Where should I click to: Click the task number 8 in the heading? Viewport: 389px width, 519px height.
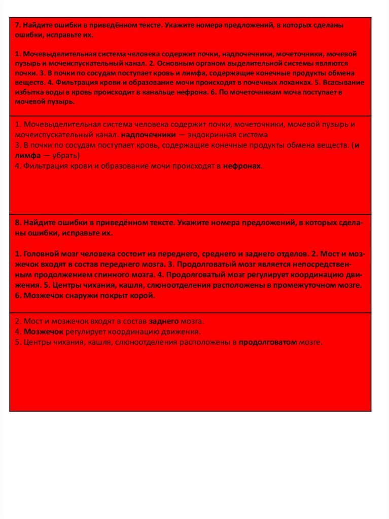click(x=17, y=223)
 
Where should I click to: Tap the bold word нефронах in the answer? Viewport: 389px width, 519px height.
click(x=243, y=166)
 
